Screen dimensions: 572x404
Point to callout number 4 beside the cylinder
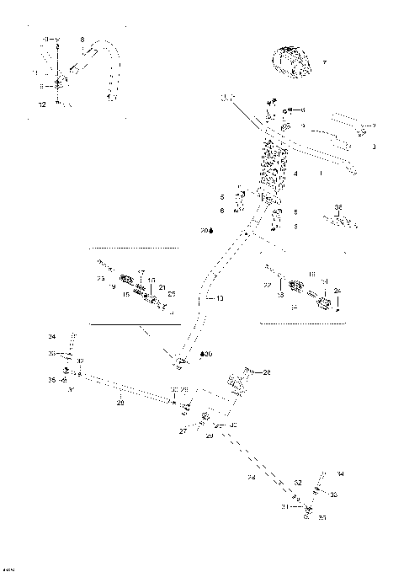(295, 172)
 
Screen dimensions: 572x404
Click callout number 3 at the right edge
(375, 146)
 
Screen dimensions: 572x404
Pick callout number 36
(338, 206)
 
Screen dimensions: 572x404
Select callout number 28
(268, 372)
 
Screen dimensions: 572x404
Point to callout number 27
(182, 430)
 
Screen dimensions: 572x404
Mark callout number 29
(209, 435)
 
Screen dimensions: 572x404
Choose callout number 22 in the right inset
(268, 286)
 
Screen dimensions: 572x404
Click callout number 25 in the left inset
(171, 294)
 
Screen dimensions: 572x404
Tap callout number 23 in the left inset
(99, 278)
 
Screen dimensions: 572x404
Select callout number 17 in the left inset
(141, 271)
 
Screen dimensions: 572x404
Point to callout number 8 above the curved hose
(82, 40)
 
